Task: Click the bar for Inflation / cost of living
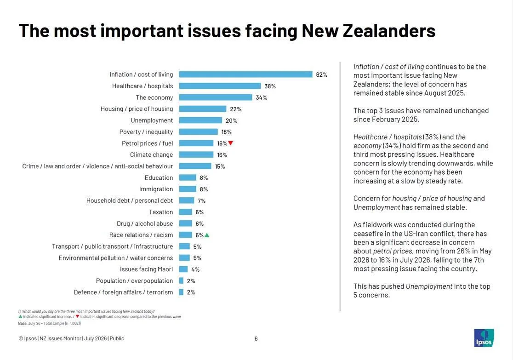(x=246, y=74)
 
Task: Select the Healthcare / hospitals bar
(x=220, y=86)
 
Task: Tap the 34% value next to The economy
(x=262, y=97)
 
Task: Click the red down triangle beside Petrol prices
(x=231, y=143)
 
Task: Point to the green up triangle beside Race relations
(x=207, y=235)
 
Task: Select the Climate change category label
(x=152, y=155)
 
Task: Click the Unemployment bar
(x=200, y=120)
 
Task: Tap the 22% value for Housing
(x=235, y=109)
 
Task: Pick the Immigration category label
(x=156, y=189)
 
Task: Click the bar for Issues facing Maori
(x=183, y=269)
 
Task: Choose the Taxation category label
(x=161, y=212)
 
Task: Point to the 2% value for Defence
(x=191, y=292)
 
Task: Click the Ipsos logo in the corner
(x=484, y=338)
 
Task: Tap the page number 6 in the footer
(x=256, y=339)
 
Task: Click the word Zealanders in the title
(x=389, y=31)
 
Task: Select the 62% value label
(x=322, y=74)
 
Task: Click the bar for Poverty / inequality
(x=199, y=132)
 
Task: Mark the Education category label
(x=159, y=178)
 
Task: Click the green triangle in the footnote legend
(x=21, y=316)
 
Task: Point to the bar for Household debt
(x=187, y=200)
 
